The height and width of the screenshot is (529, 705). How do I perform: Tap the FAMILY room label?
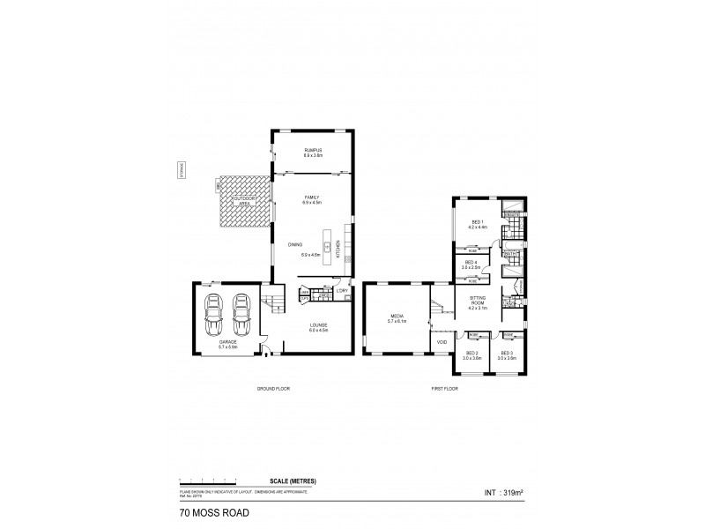312,199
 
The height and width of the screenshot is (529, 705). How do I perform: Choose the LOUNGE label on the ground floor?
318,327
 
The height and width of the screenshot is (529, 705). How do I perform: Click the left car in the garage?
213,315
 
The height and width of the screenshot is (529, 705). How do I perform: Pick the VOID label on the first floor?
441,341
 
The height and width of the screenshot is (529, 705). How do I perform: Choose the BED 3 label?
505,354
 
